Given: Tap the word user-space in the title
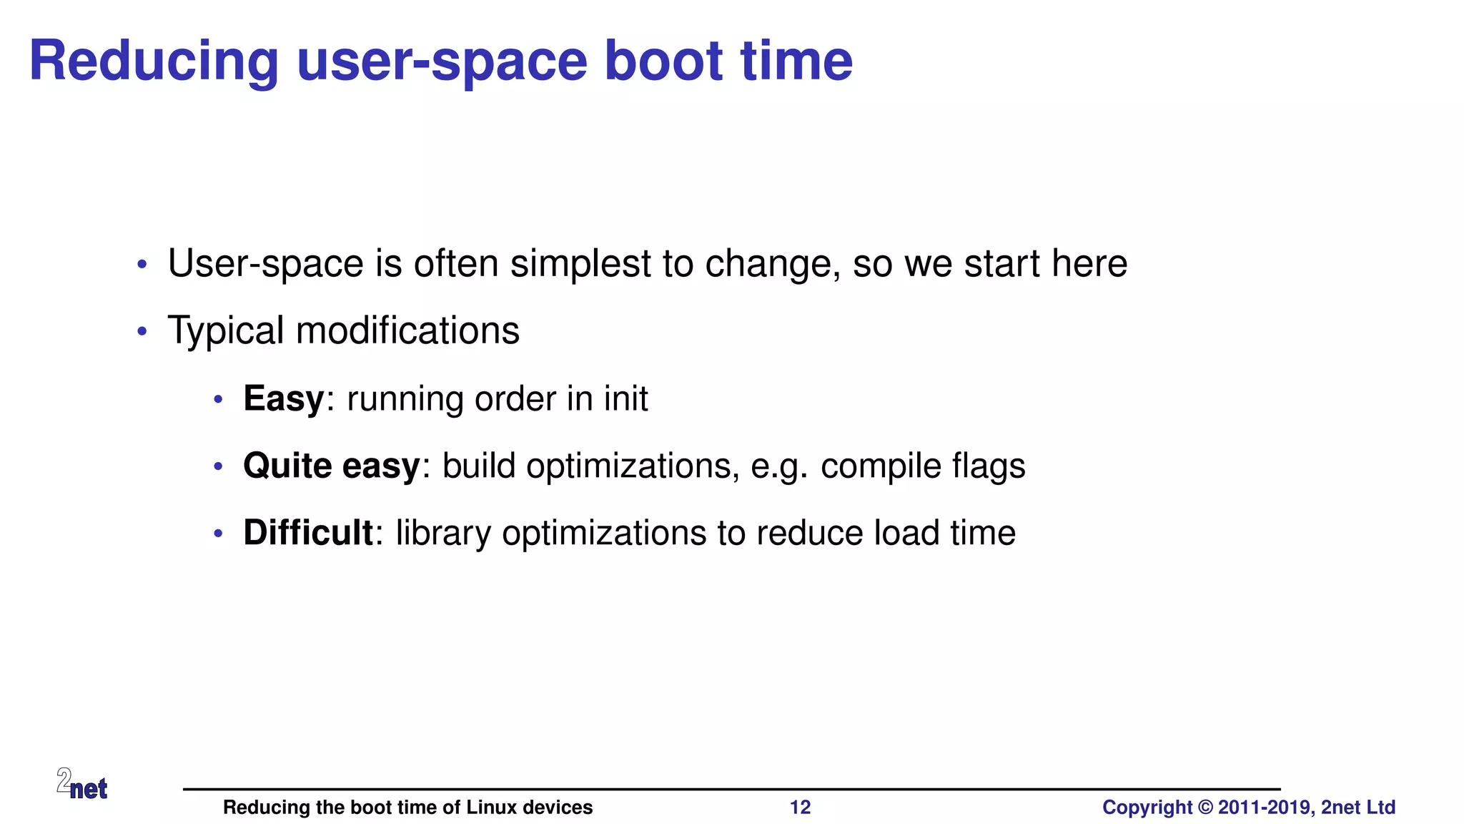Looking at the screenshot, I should tap(442, 63).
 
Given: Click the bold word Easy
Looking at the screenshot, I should tap(284, 399).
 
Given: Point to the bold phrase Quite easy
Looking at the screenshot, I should tap(332, 466).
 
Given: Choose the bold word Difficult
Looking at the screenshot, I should tap(307, 533).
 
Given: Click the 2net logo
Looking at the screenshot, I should tap(82, 784).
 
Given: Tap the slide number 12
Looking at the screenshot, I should tap(800, 808).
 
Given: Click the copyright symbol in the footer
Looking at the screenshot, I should tap(1205, 808).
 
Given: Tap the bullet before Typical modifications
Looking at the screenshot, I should tap(142, 331).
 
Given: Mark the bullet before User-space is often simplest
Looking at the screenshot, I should tap(142, 265).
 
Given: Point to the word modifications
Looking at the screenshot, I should tap(407, 331).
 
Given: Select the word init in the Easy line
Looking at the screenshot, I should tap(625, 398).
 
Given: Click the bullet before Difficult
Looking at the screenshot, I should tap(219, 534).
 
